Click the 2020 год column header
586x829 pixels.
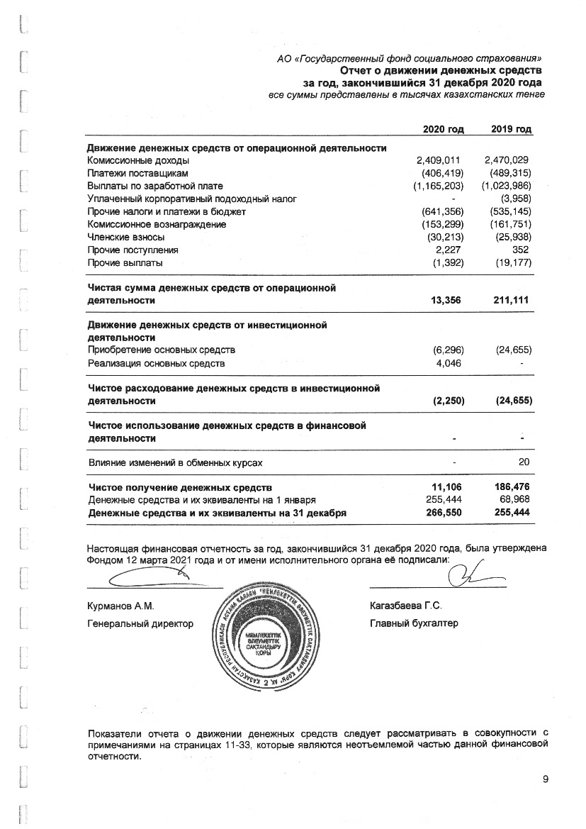click(443, 129)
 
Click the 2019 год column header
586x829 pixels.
click(511, 129)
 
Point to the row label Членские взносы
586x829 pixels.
click(126, 237)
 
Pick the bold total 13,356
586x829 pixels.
click(446, 301)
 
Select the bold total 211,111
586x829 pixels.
click(510, 301)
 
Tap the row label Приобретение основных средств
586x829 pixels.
click(161, 350)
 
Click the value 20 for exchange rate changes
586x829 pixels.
click(524, 462)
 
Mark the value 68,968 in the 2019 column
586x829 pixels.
click(513, 500)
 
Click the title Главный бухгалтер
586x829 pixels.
click(414, 623)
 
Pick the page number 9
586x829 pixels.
click(546, 780)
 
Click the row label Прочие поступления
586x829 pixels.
click(133, 250)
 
